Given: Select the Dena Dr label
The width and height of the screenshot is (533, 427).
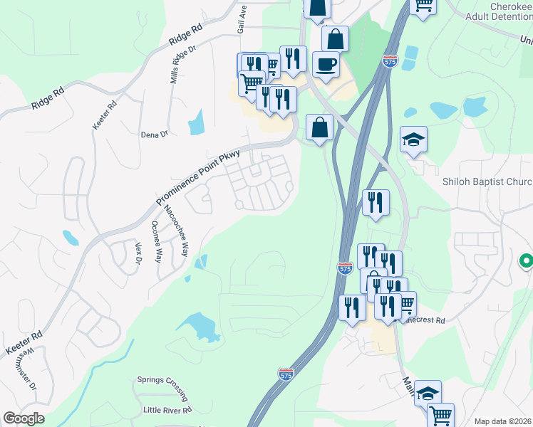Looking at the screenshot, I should pyautogui.click(x=154, y=134).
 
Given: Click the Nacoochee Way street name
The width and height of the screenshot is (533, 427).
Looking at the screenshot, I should pyautogui.click(x=176, y=231).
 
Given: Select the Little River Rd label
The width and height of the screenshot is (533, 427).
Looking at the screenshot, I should pyautogui.click(x=167, y=411).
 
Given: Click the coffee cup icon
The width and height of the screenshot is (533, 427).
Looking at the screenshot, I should pyautogui.click(x=326, y=64).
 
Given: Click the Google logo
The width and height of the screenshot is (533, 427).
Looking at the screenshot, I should pyautogui.click(x=24, y=418).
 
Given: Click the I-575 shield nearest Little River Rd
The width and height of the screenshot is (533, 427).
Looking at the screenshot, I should pyautogui.click(x=285, y=374).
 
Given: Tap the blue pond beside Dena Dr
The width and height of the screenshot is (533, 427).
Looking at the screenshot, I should pyautogui.click(x=196, y=122).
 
